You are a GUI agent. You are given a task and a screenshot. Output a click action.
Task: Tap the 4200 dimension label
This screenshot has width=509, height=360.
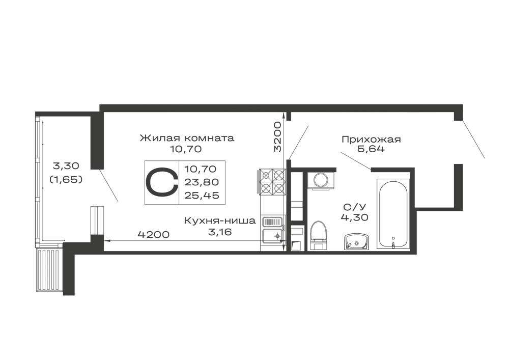154,234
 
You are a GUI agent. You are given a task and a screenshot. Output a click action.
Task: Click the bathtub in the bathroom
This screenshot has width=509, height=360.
393,214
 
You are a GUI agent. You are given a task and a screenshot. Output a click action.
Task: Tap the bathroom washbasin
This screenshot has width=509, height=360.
356,242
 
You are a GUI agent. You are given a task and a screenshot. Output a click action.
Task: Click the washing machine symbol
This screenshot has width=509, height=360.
321,180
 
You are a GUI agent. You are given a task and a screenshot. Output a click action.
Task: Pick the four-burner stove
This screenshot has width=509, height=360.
272,182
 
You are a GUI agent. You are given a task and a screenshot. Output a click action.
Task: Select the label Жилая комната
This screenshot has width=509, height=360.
187,138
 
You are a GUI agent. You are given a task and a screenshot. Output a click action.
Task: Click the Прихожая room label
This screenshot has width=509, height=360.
371,140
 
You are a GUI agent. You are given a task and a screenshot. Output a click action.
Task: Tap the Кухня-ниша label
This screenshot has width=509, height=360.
220,221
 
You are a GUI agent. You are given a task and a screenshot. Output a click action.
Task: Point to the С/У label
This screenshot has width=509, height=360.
354,207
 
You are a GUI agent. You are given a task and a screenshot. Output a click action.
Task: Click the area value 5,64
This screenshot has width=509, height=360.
371,149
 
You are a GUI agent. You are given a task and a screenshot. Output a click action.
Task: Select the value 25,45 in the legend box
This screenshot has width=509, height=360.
202,196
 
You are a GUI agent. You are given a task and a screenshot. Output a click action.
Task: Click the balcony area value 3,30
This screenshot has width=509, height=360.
66,166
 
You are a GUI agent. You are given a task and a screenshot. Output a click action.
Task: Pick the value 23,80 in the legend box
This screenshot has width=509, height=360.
202,182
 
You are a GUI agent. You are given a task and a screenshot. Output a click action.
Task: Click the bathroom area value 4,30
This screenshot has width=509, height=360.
354,217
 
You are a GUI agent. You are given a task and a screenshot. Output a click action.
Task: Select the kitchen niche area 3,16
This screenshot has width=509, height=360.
220,232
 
